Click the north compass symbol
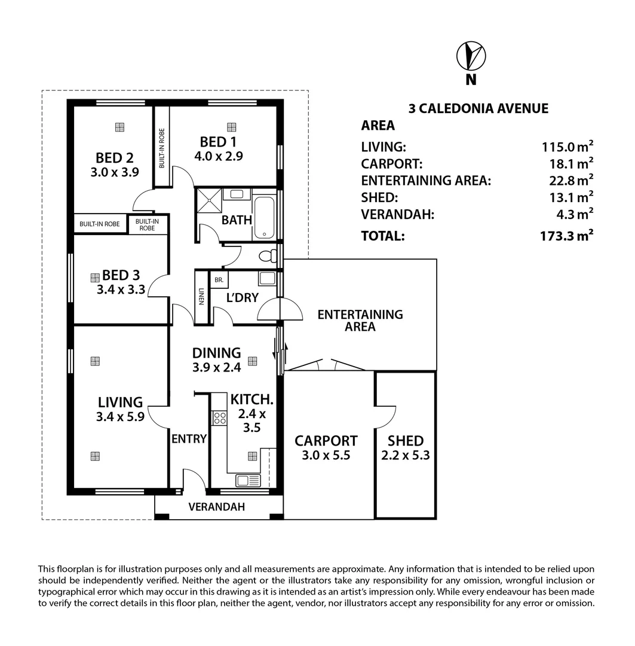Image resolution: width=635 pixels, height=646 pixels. (471, 56)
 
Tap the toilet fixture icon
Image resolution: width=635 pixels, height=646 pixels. (268, 256)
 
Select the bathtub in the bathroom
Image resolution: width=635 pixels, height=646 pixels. (264, 218)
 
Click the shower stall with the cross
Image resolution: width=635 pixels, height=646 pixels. (210, 200)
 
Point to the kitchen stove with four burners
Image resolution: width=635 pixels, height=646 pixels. (219, 418)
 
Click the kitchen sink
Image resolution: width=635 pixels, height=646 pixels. (248, 480)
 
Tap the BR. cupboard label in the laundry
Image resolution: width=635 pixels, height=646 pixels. (219, 280)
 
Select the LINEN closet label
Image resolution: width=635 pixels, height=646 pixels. (201, 296)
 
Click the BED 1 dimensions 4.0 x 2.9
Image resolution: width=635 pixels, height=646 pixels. (219, 156)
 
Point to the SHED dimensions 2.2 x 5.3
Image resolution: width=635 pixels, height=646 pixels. (406, 455)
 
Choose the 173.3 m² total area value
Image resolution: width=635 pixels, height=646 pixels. (567, 236)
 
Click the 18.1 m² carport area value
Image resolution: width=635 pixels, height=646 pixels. (571, 163)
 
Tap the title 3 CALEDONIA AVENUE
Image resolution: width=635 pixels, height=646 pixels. (478, 108)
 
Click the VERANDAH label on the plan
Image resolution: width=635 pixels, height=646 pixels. (216, 507)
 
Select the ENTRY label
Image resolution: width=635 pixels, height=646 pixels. (189, 439)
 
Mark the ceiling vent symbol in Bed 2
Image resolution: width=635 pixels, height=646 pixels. (119, 127)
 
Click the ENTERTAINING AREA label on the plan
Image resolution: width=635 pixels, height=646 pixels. (360, 321)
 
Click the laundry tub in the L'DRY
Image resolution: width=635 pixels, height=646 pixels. (267, 278)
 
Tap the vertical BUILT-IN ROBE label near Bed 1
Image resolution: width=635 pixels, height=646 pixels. (162, 148)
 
